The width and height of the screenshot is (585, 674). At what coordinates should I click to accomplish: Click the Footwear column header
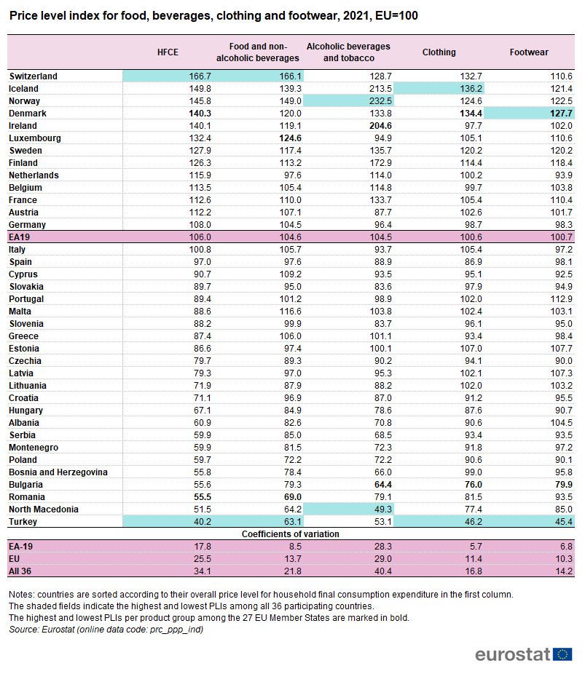(529, 52)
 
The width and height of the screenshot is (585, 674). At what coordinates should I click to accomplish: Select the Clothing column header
(439, 52)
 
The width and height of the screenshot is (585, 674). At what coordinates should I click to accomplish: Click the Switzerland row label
(33, 76)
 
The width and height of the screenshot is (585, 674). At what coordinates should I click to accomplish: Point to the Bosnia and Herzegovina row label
(58, 472)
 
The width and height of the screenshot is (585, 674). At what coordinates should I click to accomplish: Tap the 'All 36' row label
(20, 571)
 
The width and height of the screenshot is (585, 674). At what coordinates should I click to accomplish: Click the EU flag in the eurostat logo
(562, 654)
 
